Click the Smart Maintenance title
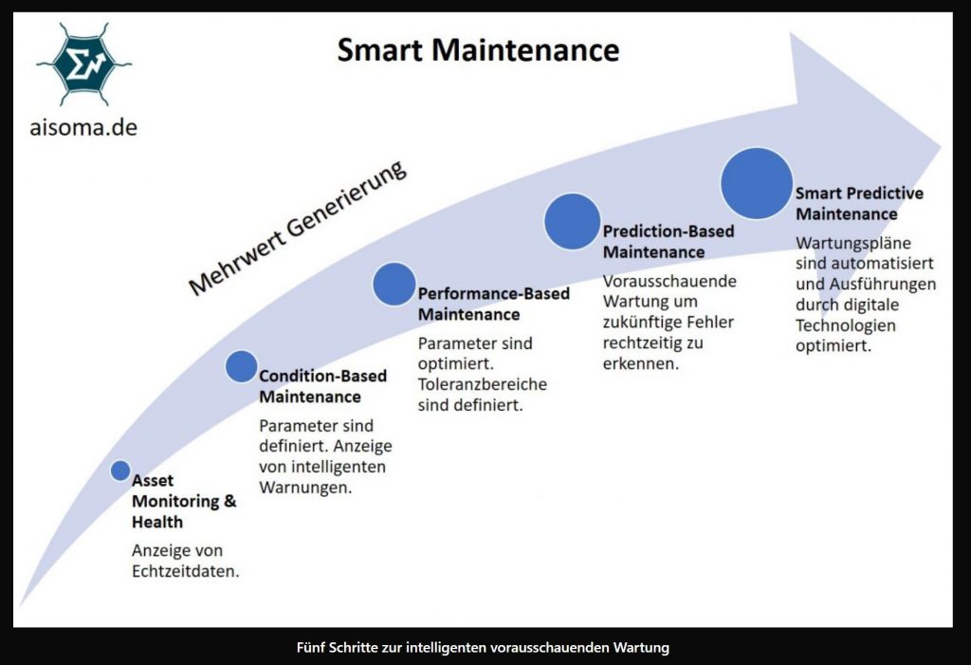coord(478,50)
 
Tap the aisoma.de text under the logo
coord(82,126)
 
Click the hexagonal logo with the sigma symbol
coord(83,64)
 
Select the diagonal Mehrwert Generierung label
coord(298,227)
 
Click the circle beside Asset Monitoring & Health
coord(120,471)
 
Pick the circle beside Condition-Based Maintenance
coord(242,366)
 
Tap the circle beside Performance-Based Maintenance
coord(394,284)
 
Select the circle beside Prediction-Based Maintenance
coord(573,221)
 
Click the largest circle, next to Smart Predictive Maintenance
coord(756,184)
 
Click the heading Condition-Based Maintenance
coord(322,386)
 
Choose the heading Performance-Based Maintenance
coord(493,304)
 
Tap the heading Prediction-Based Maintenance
coord(668,241)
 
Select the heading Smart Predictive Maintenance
coord(859,203)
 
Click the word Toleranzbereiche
coord(483,384)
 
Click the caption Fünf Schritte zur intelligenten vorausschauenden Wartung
coord(483,648)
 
